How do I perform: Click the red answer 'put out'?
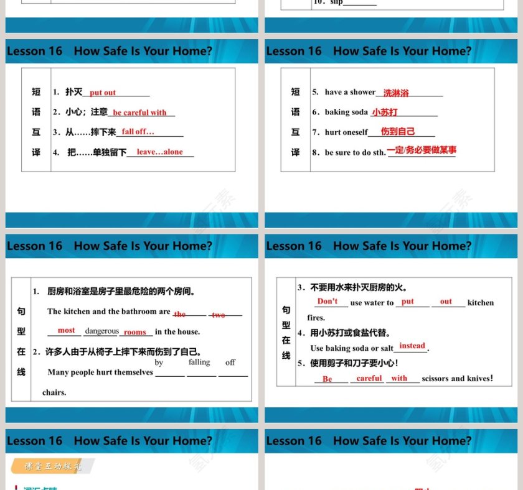pos(103,93)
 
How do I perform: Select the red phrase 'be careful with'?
pos(140,113)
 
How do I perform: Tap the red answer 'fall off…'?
pos(138,132)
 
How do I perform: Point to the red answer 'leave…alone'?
pos(160,152)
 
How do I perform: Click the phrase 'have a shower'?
pos(350,92)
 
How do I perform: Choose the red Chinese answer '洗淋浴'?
pos(396,93)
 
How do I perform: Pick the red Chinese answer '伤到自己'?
pos(398,132)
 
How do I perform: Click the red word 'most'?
pos(66,330)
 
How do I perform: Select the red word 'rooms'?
pos(134,332)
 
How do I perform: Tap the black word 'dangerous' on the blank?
pos(101,331)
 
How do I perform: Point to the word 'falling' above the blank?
pos(199,362)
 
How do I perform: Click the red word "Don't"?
pos(327,301)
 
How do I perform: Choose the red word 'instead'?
pos(412,346)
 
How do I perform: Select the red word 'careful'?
pos(369,378)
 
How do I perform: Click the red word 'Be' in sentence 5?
pos(327,379)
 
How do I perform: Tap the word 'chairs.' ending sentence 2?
pos(54,392)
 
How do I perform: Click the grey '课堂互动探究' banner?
pos(53,466)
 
